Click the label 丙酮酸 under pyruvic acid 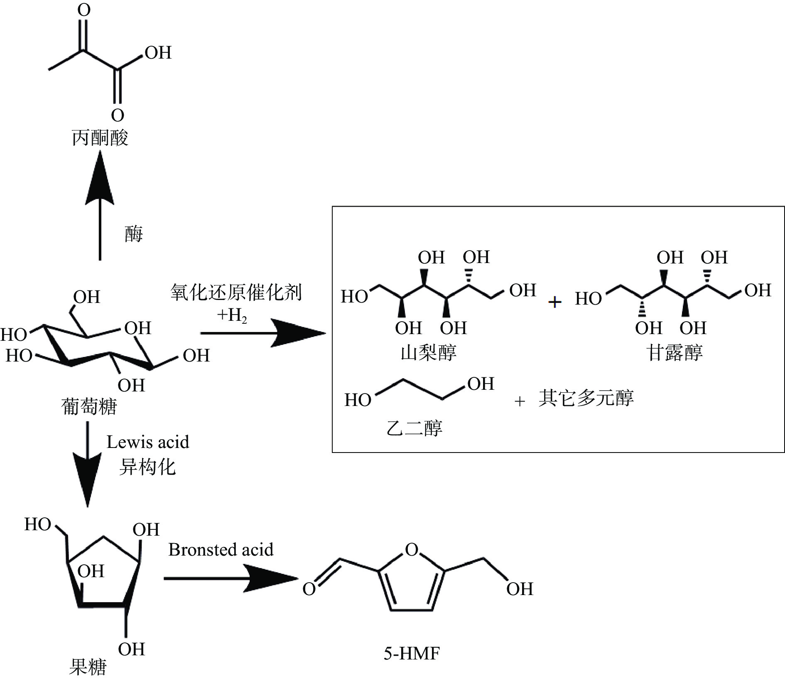(100, 138)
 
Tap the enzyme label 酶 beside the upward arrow (133, 234)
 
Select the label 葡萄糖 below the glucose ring (89, 406)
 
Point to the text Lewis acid (147, 442)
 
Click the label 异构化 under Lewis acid (147, 467)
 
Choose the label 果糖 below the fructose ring (88, 667)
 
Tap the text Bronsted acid (221, 550)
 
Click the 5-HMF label (411, 654)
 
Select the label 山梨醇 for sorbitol (428, 353)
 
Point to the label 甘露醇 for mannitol (674, 353)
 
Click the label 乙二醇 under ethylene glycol (414, 428)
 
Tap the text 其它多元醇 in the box (586, 398)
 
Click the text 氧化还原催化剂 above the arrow (236, 293)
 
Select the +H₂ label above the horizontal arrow (232, 315)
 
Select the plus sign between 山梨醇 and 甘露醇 (554, 302)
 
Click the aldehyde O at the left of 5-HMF (309, 589)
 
